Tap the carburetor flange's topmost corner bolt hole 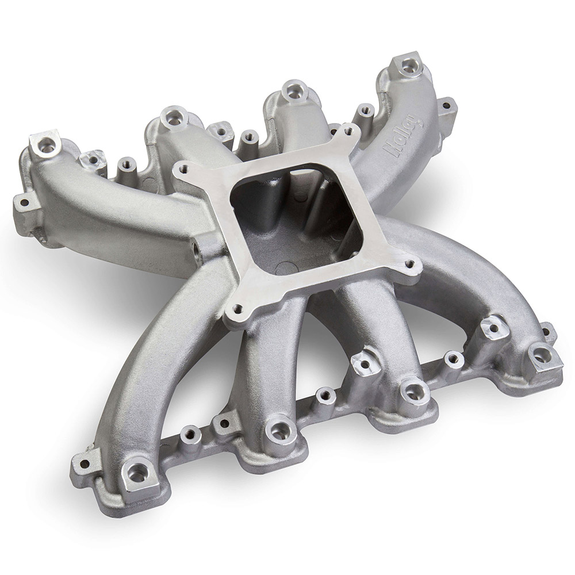pyautogui.click(x=344, y=131)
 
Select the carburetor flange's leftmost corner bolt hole pyautogui.click(x=179, y=168)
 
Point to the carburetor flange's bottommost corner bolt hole pyautogui.click(x=239, y=308)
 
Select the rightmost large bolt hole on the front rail pyautogui.click(x=540, y=354)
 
